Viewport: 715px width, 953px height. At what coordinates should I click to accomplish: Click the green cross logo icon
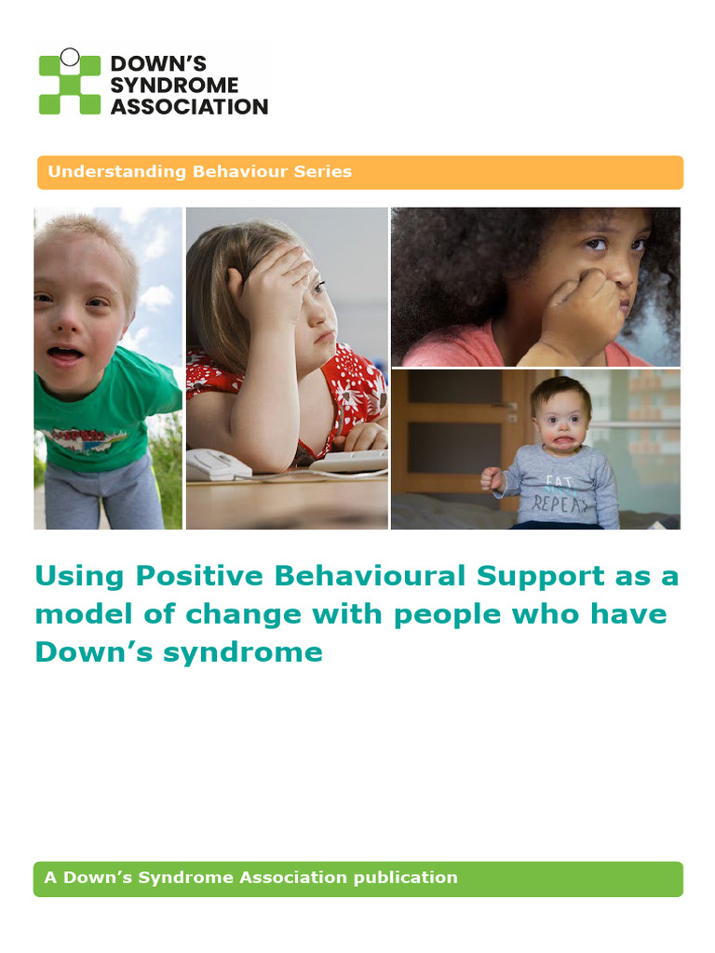click(69, 83)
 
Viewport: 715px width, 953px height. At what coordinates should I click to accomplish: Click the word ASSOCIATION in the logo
click(189, 106)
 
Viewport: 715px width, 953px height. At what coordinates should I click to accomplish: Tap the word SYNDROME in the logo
click(174, 85)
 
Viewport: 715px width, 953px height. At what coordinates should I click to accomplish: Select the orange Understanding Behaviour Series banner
click(359, 172)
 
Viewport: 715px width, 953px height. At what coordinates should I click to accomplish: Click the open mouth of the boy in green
click(64, 355)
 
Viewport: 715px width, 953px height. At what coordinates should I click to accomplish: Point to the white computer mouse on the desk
click(217, 463)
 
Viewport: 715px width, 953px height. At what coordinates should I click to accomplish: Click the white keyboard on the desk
click(349, 460)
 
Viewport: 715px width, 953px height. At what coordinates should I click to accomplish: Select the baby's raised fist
click(492, 478)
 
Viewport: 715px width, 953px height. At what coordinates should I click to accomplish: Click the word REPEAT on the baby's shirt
click(561, 503)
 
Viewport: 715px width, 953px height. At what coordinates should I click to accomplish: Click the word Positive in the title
click(201, 576)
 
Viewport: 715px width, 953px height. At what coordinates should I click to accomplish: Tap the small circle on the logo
click(70, 57)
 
